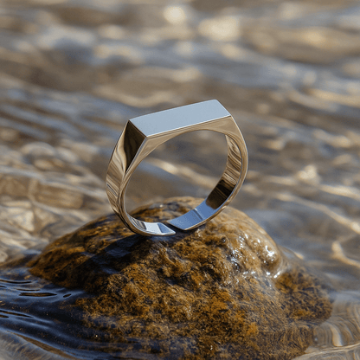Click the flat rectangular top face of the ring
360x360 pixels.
point(180,117)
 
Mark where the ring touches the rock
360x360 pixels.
point(160,232)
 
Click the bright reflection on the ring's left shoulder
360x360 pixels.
point(115,169)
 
